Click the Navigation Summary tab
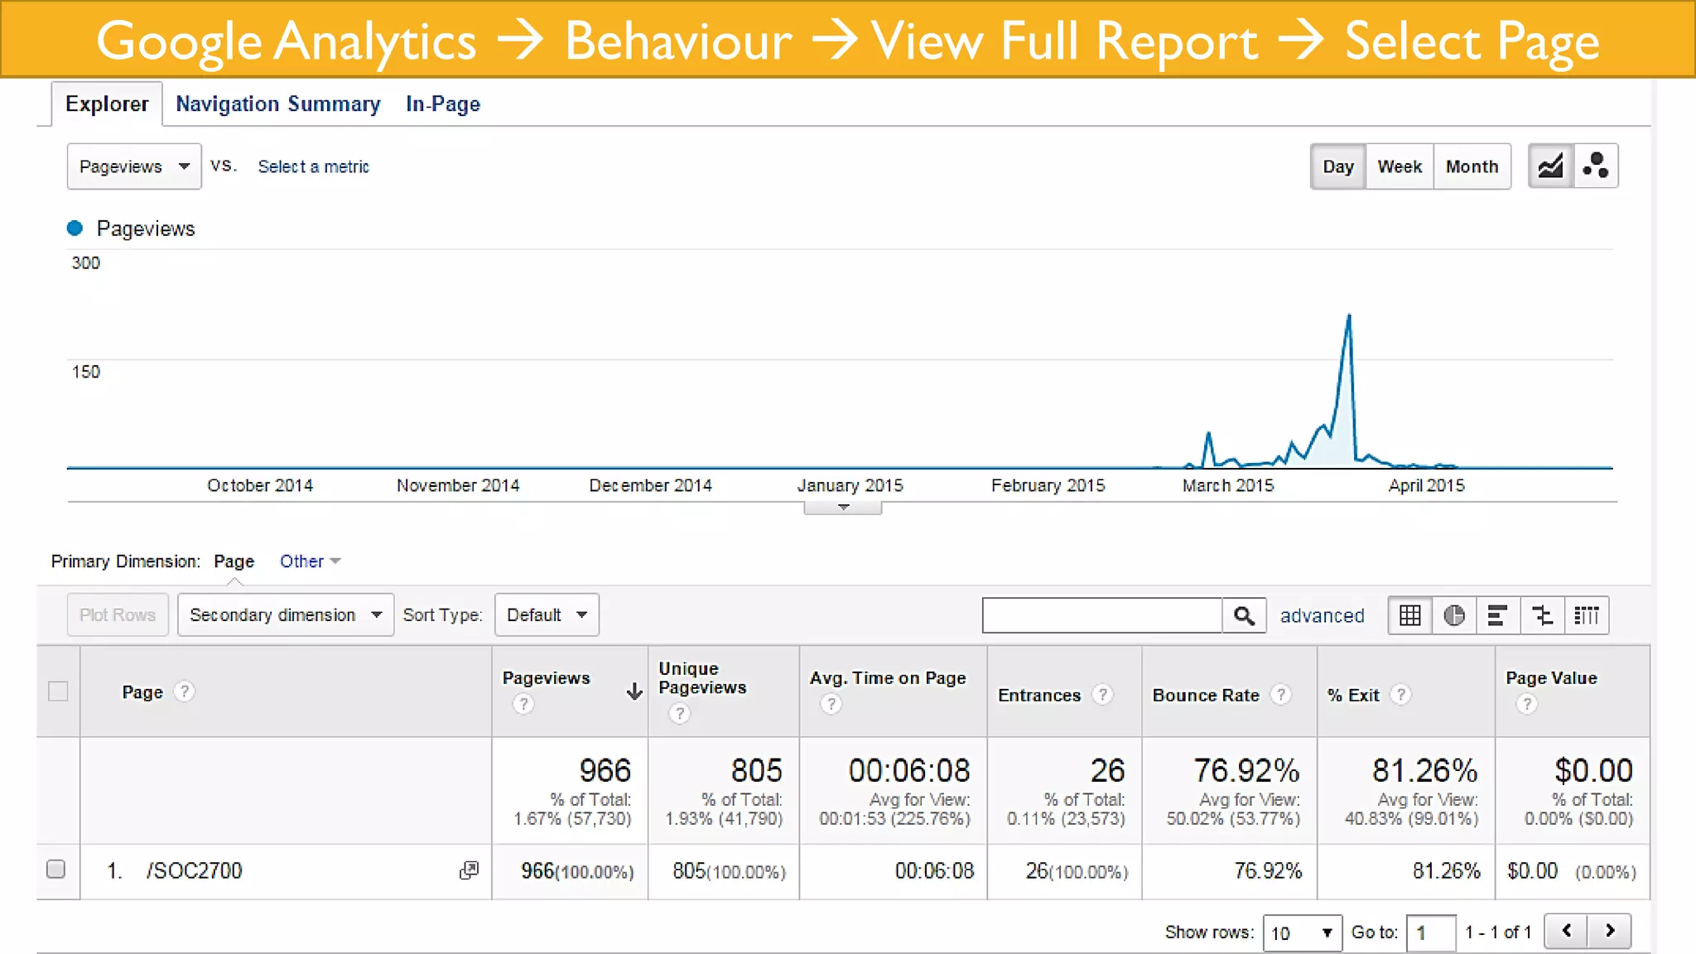(x=277, y=104)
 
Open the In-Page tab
(x=442, y=104)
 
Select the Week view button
(x=1399, y=166)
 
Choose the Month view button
(x=1472, y=166)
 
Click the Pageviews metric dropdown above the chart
(x=134, y=166)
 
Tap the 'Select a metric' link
(x=313, y=166)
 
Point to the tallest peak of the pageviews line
(x=1349, y=316)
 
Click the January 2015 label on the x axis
(x=850, y=485)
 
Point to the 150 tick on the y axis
(x=86, y=372)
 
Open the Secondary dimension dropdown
(x=285, y=614)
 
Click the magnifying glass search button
(x=1244, y=615)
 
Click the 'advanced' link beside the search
(x=1322, y=615)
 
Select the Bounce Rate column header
(x=1206, y=695)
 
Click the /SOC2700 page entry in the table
(x=195, y=870)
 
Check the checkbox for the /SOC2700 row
(x=56, y=869)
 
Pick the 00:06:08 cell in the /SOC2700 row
(x=933, y=870)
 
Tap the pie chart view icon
(x=1453, y=615)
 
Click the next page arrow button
(x=1610, y=931)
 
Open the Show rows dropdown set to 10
(x=1302, y=932)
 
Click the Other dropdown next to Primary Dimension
(x=310, y=561)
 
